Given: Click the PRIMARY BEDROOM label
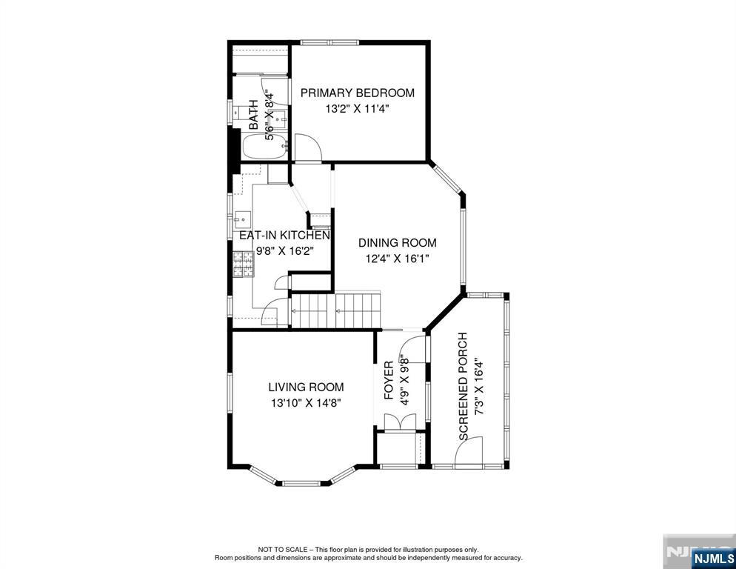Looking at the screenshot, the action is pos(358,93).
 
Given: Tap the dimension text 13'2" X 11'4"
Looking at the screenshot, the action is pos(358,109).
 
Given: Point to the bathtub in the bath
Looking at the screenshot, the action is pos(264,147).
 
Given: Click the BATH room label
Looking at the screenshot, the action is pos(254,115).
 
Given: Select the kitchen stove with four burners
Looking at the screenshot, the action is pos(244,264).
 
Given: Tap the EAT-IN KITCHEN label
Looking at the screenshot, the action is pos(284,235).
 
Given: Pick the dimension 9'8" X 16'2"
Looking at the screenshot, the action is pos(284,251).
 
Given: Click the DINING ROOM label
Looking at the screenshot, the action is pos(398,243).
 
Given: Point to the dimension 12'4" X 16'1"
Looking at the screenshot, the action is pos(398,259).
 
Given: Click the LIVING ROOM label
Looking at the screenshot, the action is pos(306,387).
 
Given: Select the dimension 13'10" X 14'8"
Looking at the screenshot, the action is pos(305,403).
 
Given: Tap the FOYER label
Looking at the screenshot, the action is pos(389,381).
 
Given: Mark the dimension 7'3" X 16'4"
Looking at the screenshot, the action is pos(478,386).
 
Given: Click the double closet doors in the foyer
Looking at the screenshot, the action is pos(400,422).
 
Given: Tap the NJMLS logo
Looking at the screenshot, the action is pos(714,559).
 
